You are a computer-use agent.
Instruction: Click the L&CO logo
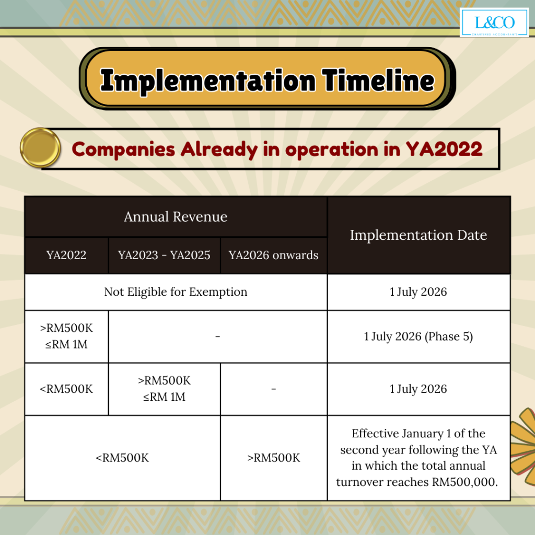click(494, 22)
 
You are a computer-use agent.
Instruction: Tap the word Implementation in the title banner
click(208, 81)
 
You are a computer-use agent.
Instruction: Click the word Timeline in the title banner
click(378, 80)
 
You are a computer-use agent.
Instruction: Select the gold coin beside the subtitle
click(40, 148)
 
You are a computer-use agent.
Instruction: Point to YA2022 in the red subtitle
click(444, 149)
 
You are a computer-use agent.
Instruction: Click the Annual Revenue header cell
click(176, 217)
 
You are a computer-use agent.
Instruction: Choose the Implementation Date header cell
click(418, 235)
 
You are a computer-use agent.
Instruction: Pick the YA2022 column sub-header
click(66, 255)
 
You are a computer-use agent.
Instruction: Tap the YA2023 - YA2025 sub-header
click(164, 255)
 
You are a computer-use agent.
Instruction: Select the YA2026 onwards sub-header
click(274, 255)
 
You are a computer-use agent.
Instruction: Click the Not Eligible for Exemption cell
click(176, 292)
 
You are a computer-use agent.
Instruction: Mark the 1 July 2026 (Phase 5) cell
click(418, 336)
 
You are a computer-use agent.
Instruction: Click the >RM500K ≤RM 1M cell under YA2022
click(66, 336)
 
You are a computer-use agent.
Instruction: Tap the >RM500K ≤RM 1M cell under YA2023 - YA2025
click(164, 389)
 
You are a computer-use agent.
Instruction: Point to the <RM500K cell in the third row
click(66, 389)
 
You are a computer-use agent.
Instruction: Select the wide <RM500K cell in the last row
click(122, 458)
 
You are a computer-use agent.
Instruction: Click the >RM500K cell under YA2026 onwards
click(274, 458)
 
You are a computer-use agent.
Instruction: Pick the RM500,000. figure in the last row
click(465, 482)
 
